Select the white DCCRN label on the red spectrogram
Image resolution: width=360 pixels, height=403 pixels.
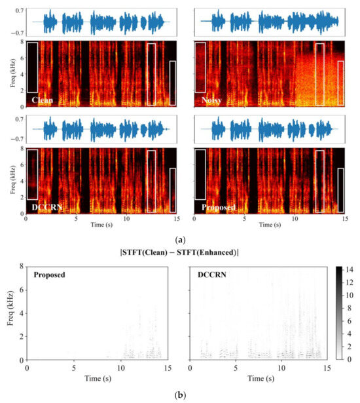pyautogui.click(x=45, y=207)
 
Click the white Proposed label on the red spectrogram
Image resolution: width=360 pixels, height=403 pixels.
pyautogui.click(x=215, y=207)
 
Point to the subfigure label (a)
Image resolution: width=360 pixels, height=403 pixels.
pyautogui.click(x=179, y=240)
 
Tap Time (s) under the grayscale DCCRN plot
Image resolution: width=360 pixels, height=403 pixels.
pyautogui.click(x=257, y=378)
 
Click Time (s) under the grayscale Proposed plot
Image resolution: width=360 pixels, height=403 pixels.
pyautogui.click(x=96, y=378)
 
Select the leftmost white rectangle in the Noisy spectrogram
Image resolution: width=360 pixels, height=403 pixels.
pyautogui.click(x=200, y=67)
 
